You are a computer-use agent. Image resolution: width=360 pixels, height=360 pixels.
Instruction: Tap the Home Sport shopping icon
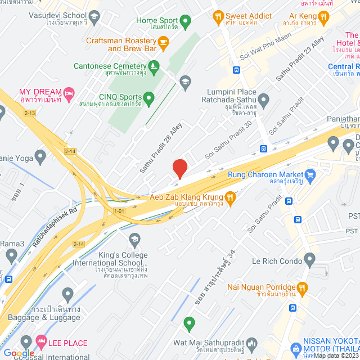click(185, 21)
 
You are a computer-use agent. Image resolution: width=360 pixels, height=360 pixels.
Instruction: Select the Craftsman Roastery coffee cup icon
click(164, 42)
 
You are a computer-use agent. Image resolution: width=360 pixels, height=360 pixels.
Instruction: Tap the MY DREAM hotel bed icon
click(69, 93)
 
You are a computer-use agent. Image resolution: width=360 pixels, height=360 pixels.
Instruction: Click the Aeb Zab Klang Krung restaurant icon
click(230, 197)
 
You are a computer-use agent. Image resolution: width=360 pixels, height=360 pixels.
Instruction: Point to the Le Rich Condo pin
click(309, 260)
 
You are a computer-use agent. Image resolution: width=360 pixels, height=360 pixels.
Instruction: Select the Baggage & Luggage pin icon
click(67, 294)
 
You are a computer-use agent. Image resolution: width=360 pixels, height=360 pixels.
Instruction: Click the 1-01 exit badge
click(119, 211)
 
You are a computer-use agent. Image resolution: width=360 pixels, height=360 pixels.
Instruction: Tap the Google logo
click(19, 353)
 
